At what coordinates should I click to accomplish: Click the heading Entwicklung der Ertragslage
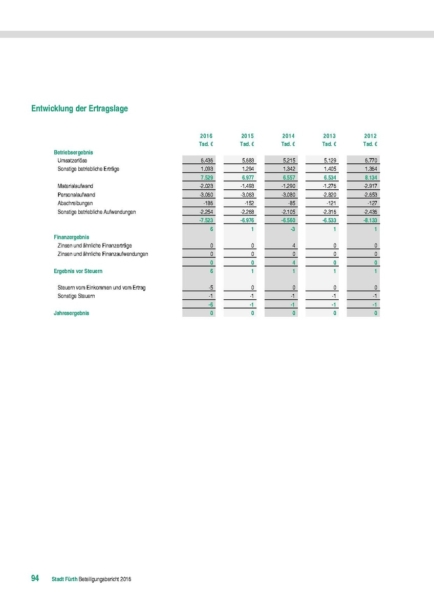click(x=79, y=108)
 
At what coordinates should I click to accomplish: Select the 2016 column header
click(x=206, y=136)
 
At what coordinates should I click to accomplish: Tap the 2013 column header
click(x=330, y=136)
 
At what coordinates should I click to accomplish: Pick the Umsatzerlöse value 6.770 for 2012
click(x=371, y=160)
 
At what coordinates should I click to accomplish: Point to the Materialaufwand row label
click(x=75, y=186)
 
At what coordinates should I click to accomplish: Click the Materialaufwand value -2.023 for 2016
click(x=206, y=186)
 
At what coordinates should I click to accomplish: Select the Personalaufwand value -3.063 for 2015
click(x=247, y=195)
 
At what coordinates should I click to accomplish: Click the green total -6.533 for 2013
click(x=329, y=221)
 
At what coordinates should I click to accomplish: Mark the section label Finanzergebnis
click(x=72, y=237)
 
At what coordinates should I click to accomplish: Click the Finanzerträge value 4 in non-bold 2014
click(x=294, y=246)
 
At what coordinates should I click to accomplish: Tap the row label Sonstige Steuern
click(x=76, y=296)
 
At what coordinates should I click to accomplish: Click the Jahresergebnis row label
click(x=71, y=313)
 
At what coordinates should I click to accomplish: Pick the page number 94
click(x=35, y=578)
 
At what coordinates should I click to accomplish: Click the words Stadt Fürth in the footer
click(x=64, y=579)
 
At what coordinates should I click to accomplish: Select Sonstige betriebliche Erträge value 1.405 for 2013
click(x=330, y=169)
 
